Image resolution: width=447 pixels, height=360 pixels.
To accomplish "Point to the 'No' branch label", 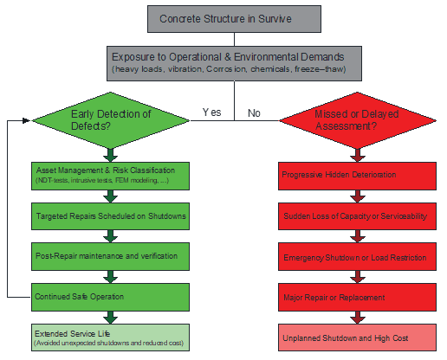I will pyautogui.click(x=253, y=112).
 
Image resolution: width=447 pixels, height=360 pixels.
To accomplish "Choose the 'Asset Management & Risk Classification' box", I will pyautogui.click(x=110, y=174).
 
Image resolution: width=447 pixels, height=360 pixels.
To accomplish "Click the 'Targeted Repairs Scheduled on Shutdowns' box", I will pyautogui.click(x=110, y=215).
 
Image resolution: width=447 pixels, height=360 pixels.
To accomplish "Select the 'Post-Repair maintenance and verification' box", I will pyautogui.click(x=110, y=255).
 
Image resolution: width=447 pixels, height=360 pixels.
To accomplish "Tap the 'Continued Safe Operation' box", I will pyautogui.click(x=110, y=296).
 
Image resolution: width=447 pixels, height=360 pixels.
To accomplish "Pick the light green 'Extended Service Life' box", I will pyautogui.click(x=110, y=337).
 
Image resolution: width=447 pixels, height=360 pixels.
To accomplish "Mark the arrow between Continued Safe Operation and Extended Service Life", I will pyautogui.click(x=110, y=317).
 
